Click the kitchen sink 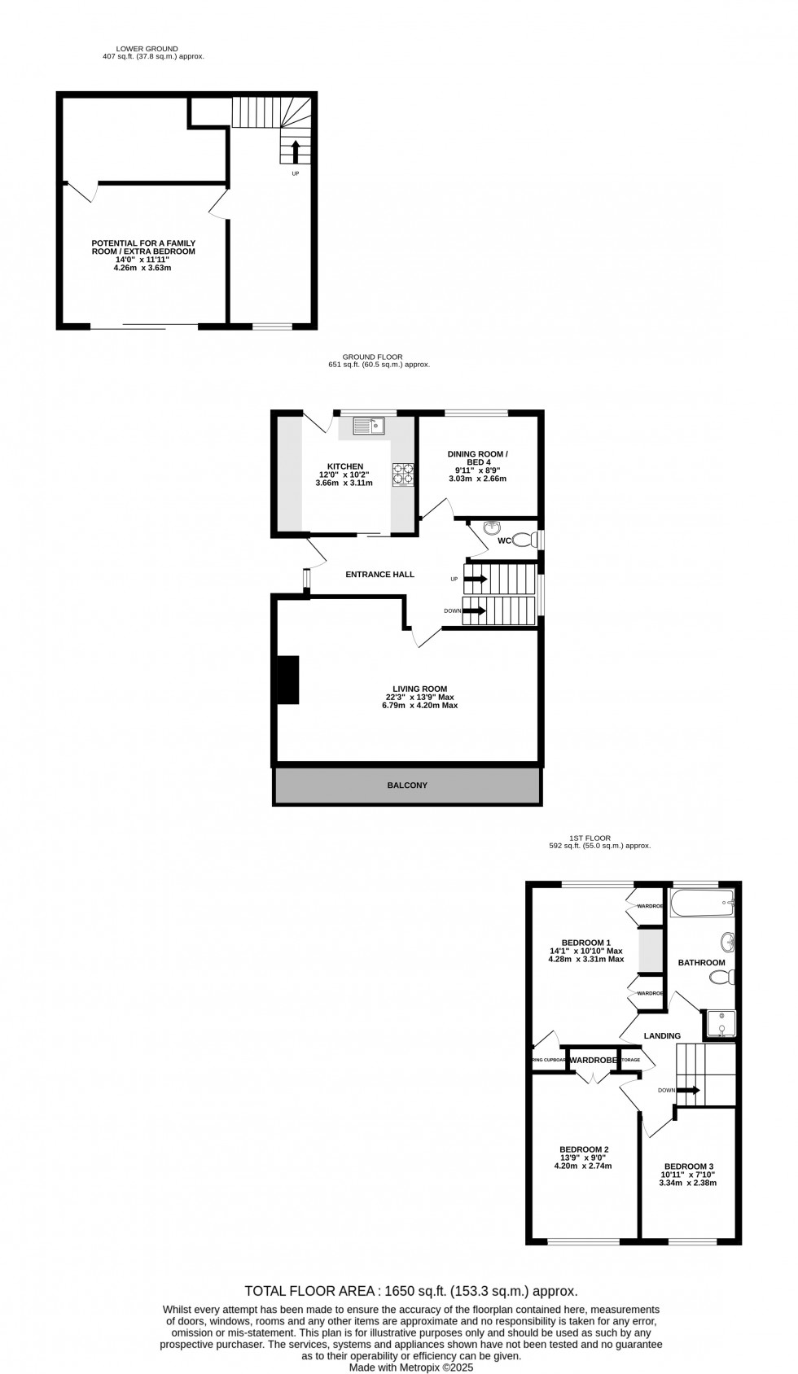368,425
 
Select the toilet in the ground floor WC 525,539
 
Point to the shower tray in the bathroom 721,1024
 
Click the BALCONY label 407,785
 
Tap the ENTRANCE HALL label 379,575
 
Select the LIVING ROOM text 416,689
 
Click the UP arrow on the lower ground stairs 295,152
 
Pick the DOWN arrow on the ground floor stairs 475,610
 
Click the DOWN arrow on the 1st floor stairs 688,1090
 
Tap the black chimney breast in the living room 288,680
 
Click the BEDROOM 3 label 689,1166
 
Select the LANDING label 662,1036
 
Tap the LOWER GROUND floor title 147,49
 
